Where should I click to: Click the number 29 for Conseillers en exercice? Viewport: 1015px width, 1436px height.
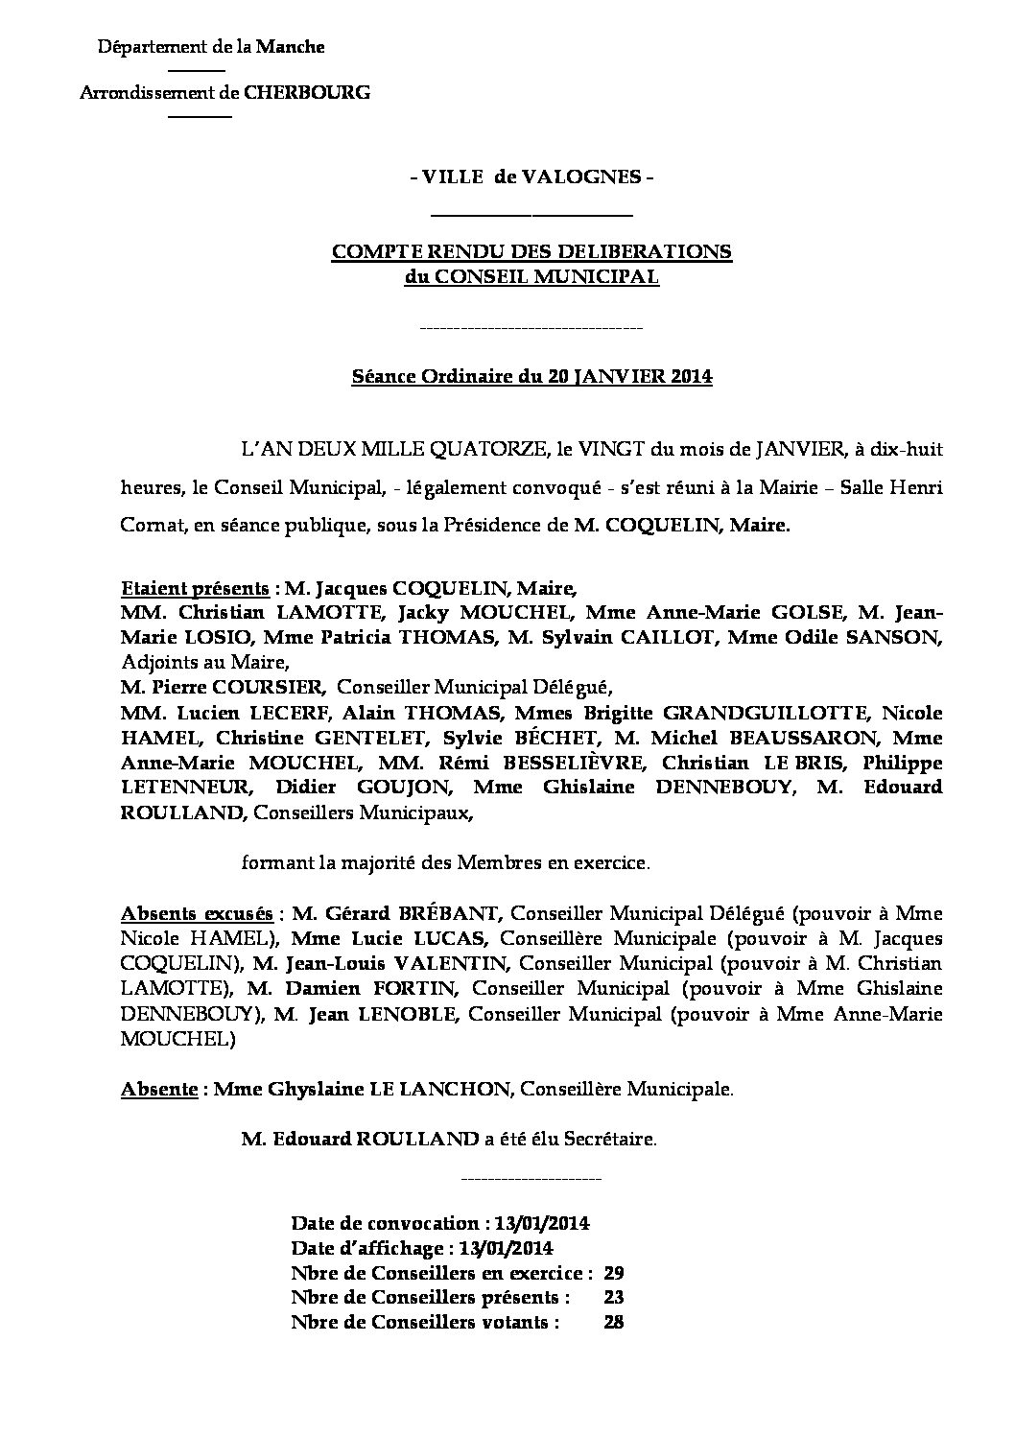click(614, 1274)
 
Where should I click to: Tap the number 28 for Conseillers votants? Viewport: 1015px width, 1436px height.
click(614, 1323)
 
